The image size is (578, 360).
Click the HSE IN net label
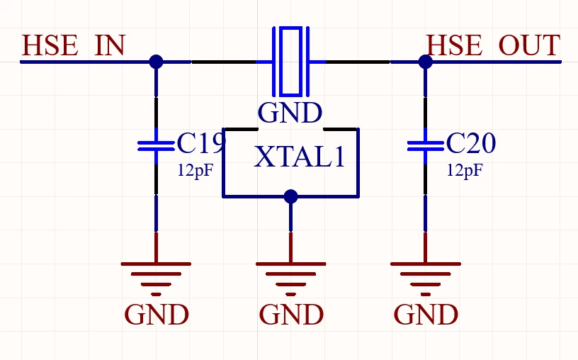[x=74, y=45]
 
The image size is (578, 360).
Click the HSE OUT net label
[x=493, y=45]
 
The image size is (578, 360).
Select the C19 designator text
[x=201, y=143]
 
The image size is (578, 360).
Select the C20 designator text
[x=471, y=143]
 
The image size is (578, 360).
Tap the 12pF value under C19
[x=195, y=170]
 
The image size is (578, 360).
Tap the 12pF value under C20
[x=465, y=170]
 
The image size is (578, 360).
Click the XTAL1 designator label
[x=300, y=157]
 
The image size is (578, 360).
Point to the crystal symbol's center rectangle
[x=291, y=61]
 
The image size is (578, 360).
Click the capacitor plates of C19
[x=156, y=146]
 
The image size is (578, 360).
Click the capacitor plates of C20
[x=426, y=146]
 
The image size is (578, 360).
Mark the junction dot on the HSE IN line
[x=156, y=62]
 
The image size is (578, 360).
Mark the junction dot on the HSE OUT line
[x=426, y=62]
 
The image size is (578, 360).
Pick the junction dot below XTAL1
[x=291, y=196]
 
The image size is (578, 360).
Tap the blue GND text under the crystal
[x=290, y=113]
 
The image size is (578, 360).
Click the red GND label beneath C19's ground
[x=157, y=315]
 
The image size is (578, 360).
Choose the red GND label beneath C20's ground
[x=426, y=315]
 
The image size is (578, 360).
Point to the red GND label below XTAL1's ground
[x=291, y=315]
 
